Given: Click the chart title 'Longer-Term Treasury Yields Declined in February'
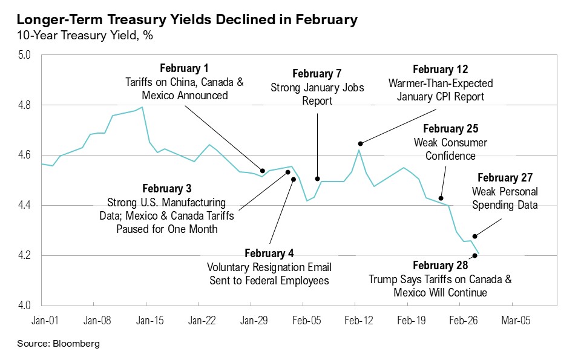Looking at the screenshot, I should click(x=187, y=19).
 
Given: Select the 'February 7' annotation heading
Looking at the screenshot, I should click(x=317, y=74).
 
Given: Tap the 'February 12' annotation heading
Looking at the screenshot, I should click(x=440, y=70).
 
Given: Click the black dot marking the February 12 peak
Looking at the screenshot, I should click(x=361, y=144).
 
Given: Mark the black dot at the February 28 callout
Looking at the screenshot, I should click(x=475, y=255).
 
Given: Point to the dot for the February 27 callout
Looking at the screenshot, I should click(x=475, y=236).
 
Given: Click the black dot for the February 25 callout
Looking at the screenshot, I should click(x=441, y=198).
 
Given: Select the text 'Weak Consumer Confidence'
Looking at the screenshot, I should click(x=450, y=149).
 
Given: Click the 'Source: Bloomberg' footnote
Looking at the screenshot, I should click(x=58, y=344).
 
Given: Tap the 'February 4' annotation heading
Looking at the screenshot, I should click(x=269, y=253).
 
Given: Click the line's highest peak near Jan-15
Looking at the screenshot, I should click(x=142, y=107).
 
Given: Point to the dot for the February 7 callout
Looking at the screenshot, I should click(x=317, y=179).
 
